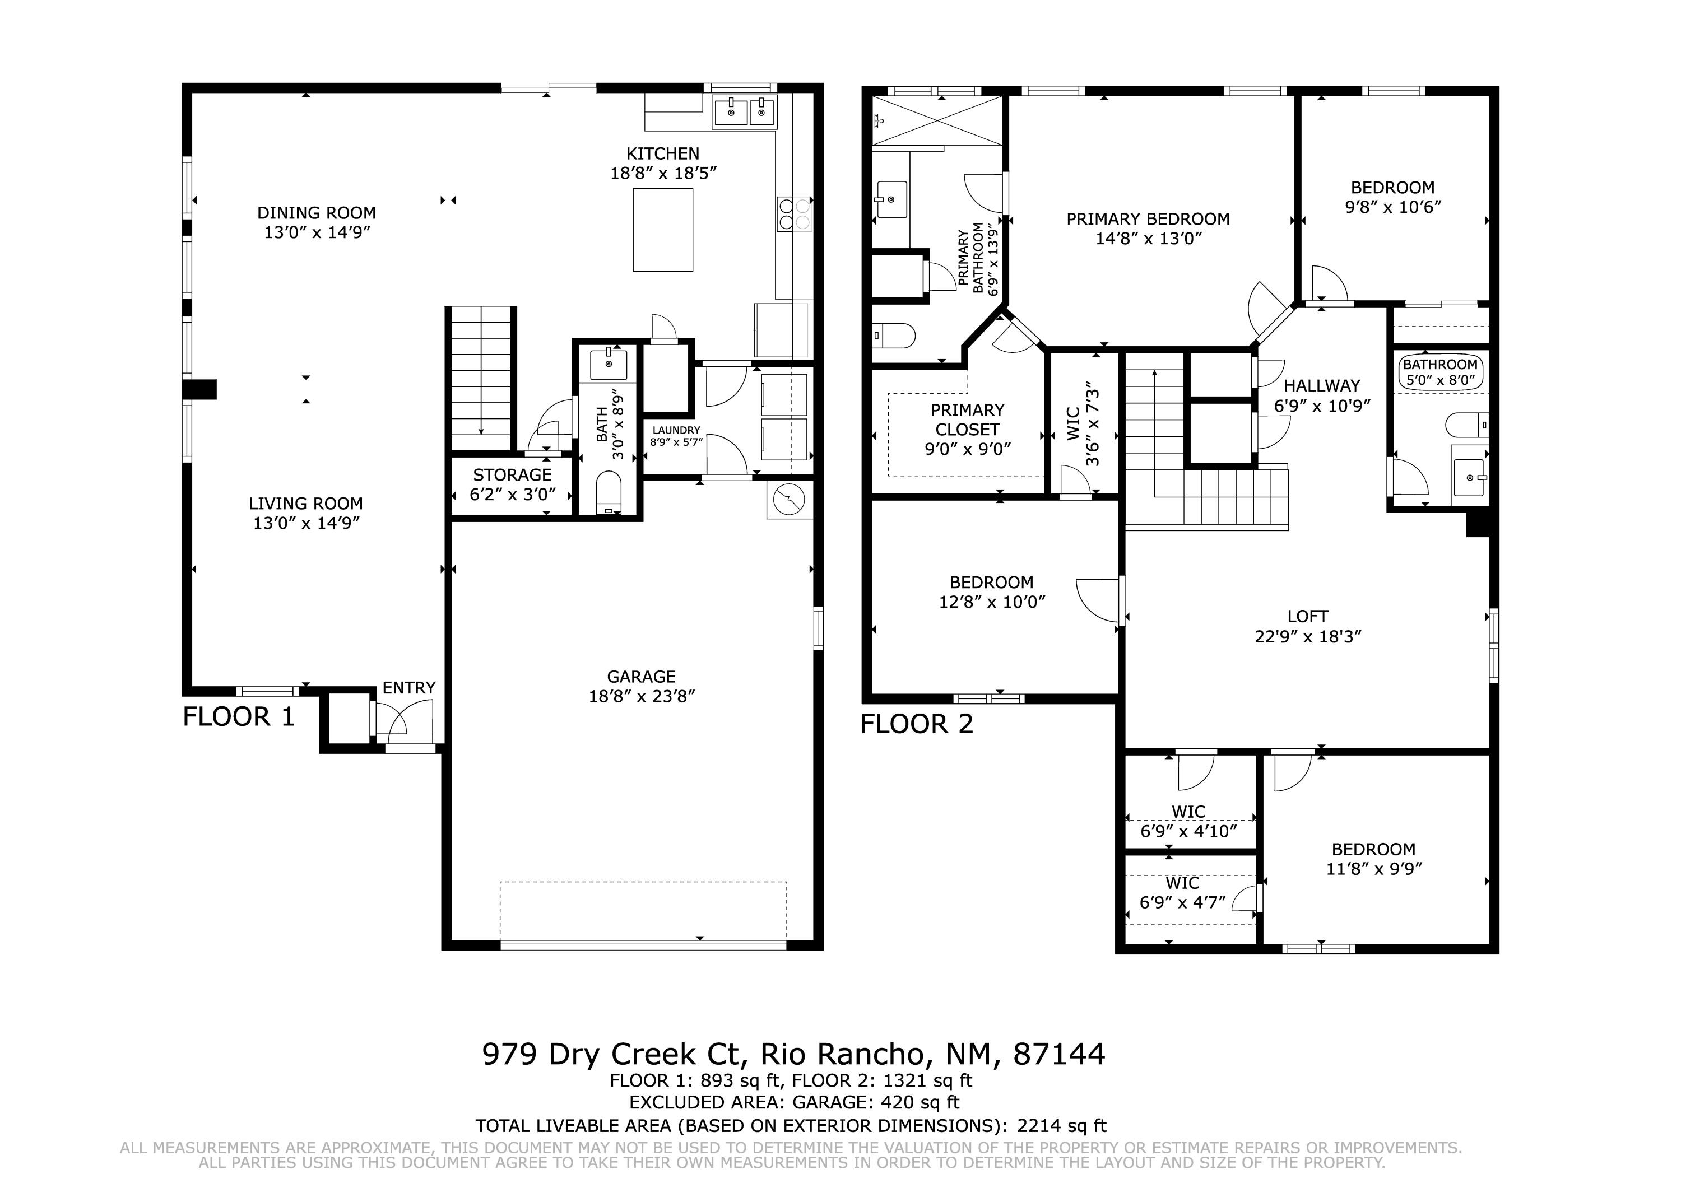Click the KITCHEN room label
point(662,153)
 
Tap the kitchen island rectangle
point(662,230)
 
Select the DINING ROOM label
point(316,213)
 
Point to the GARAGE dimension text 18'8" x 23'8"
point(642,696)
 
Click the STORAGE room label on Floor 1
point(512,475)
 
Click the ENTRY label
point(408,688)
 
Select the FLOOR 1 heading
point(239,716)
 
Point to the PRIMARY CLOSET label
point(967,420)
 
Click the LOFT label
point(1308,617)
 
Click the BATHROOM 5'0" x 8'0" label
point(1440,372)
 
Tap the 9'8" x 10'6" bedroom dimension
point(1392,207)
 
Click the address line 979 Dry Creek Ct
point(614,1054)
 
